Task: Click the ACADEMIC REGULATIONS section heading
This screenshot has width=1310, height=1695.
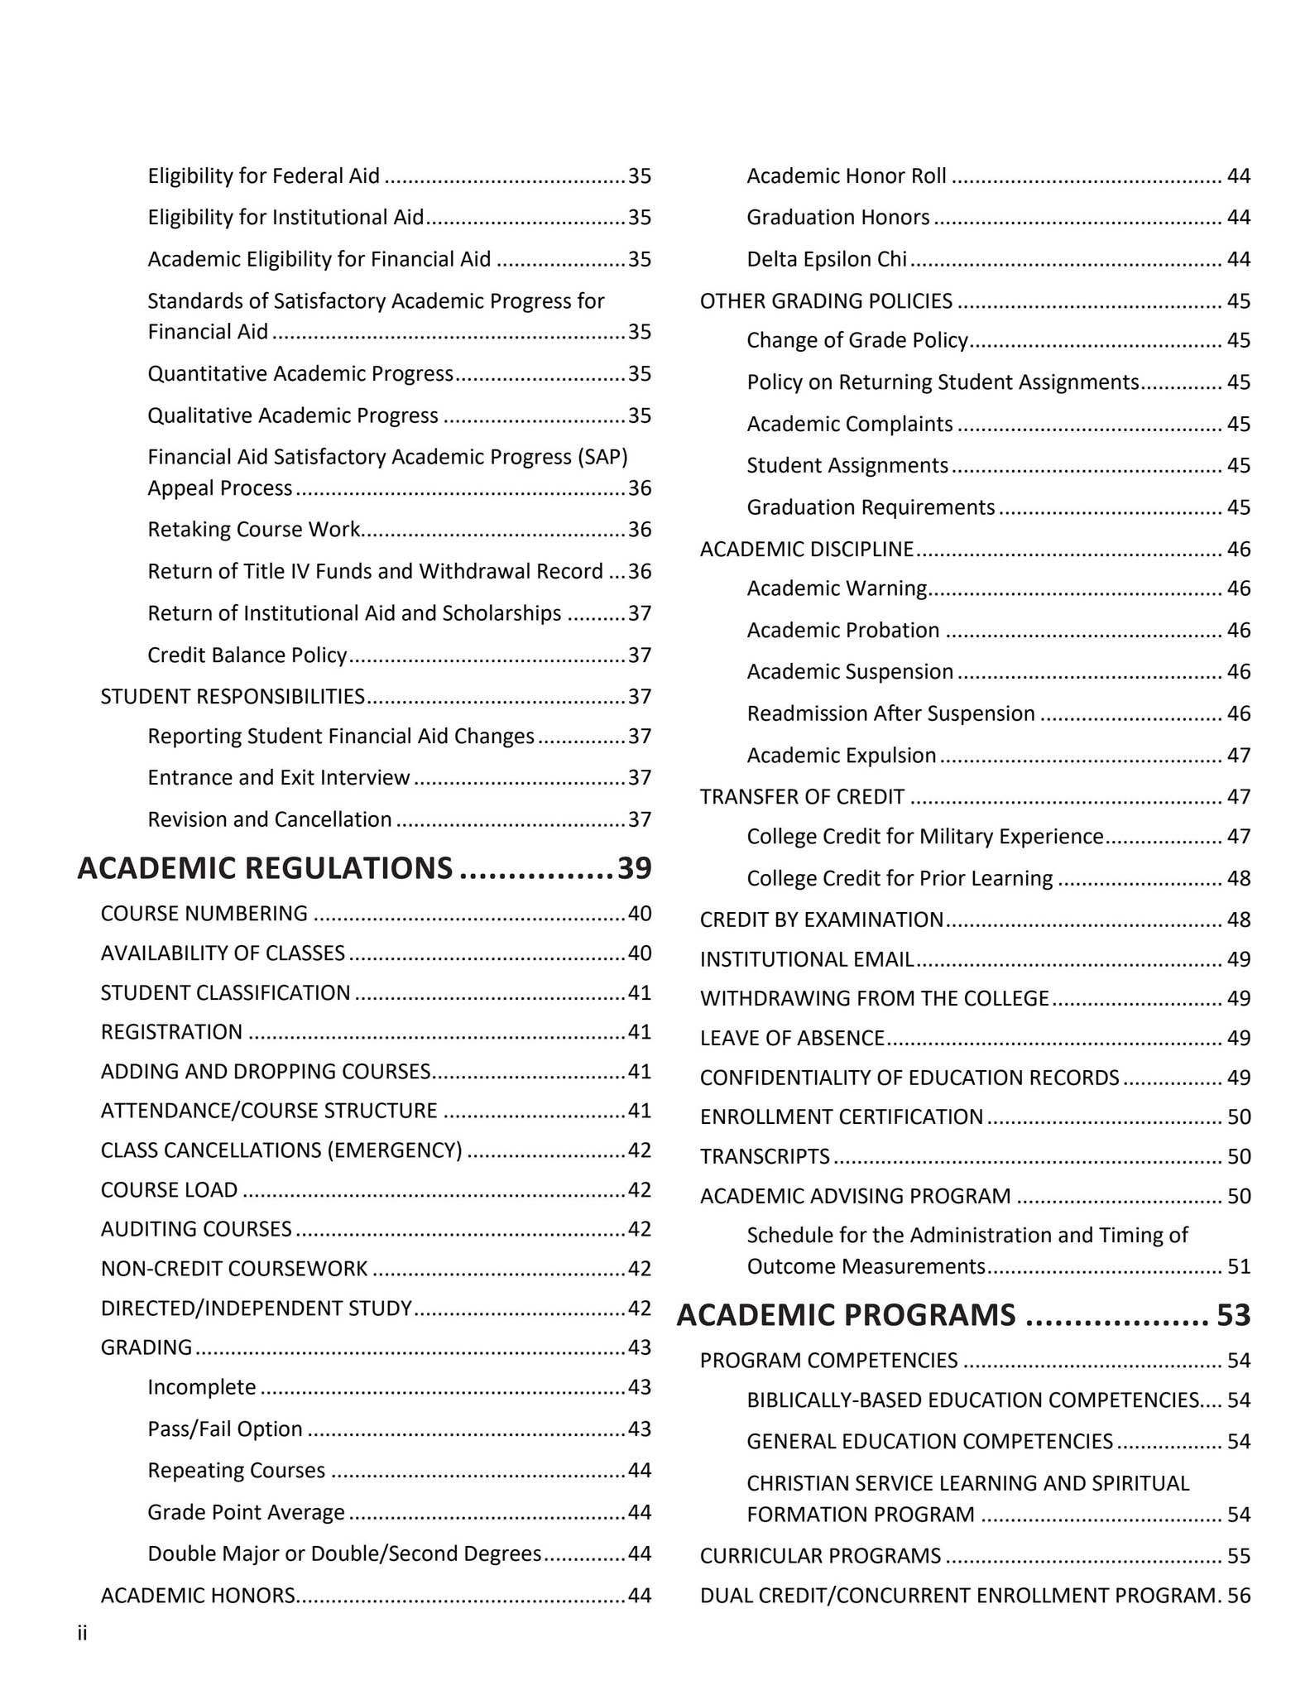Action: (265, 867)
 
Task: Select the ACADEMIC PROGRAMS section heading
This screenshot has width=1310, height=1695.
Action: (846, 1314)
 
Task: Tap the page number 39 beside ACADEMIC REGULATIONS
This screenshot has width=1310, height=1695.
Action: (635, 867)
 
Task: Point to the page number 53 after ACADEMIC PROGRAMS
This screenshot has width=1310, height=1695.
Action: (1233, 1314)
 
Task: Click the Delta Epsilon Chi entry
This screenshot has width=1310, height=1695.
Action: (826, 259)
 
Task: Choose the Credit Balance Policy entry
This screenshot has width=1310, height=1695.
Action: (247, 655)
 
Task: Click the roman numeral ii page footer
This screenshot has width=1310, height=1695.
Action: (82, 1633)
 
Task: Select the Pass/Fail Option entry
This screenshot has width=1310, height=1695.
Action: (224, 1429)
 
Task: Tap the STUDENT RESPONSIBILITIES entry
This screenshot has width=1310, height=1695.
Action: (233, 696)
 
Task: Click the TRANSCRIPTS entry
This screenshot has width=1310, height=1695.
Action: (765, 1156)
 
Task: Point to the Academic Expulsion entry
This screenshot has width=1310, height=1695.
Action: (841, 755)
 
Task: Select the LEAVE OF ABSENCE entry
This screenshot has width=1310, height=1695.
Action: (792, 1038)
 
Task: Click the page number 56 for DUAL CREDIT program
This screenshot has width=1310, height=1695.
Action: (1238, 1595)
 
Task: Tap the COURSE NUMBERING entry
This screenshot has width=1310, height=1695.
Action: (204, 913)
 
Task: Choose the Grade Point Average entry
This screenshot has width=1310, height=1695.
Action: (246, 1512)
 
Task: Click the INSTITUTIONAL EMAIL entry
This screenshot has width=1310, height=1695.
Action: (806, 959)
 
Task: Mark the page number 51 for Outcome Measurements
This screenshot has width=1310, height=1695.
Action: (1238, 1266)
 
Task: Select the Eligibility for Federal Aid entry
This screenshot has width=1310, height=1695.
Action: (263, 175)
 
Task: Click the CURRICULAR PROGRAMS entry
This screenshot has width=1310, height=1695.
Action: (820, 1556)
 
